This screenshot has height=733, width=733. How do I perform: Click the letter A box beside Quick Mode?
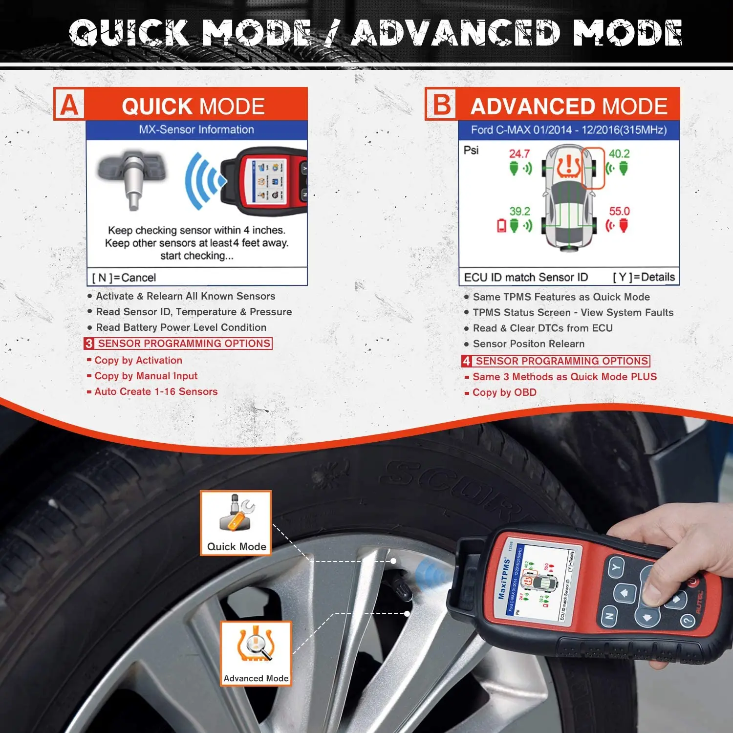69,105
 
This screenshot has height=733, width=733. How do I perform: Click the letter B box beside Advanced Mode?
442,105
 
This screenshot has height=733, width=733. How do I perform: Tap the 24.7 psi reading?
519,153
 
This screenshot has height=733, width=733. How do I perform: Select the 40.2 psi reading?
619,153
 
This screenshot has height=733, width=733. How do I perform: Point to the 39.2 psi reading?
519,211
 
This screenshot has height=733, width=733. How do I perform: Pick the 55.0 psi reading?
619,211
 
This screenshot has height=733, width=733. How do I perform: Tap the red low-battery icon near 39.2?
502,226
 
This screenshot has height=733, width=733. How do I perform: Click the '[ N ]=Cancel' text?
124,278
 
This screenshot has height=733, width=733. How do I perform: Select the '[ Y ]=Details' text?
644,277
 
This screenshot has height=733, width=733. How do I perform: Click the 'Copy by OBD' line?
504,392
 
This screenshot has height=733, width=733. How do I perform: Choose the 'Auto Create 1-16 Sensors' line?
156,391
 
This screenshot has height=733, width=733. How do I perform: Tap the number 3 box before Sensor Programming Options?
89,344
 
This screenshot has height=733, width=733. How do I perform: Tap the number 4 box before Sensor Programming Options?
467,361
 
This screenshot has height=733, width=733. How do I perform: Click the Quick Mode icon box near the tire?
236,523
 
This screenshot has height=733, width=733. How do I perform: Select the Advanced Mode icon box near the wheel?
256,653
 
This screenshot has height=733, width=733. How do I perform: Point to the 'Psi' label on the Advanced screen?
471,150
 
